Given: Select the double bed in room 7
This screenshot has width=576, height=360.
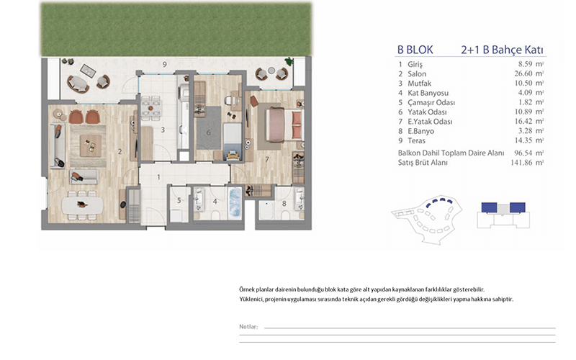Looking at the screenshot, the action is click(x=284, y=125).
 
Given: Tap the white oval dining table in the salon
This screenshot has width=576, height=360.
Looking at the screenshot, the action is click(x=83, y=205).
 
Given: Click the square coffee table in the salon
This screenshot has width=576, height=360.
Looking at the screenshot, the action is click(x=91, y=146).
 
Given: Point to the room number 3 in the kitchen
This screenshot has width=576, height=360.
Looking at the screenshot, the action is click(x=163, y=130).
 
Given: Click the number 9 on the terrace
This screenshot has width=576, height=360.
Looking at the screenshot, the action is click(x=165, y=64).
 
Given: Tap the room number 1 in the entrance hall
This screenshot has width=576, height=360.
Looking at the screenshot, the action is click(x=158, y=177).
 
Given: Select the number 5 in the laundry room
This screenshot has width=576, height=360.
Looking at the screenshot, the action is click(x=179, y=201).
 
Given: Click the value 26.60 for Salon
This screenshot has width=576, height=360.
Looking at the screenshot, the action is click(x=523, y=73).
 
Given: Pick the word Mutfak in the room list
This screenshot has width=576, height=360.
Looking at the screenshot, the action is click(x=420, y=84).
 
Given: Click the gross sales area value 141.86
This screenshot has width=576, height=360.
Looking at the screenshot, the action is click(x=521, y=163).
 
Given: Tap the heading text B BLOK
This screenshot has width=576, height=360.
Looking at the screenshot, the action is click(x=415, y=50).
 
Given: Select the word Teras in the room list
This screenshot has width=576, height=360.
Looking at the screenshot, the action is click(x=417, y=140).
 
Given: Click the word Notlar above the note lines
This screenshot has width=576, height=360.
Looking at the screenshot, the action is click(x=248, y=327).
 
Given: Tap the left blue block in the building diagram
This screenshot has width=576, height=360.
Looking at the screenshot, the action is click(x=489, y=207).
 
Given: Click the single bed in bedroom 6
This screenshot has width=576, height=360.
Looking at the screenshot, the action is click(x=233, y=142).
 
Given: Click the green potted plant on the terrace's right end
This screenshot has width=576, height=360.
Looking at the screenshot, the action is click(x=289, y=61).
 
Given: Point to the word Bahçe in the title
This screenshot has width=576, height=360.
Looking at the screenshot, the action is click(x=507, y=50).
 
